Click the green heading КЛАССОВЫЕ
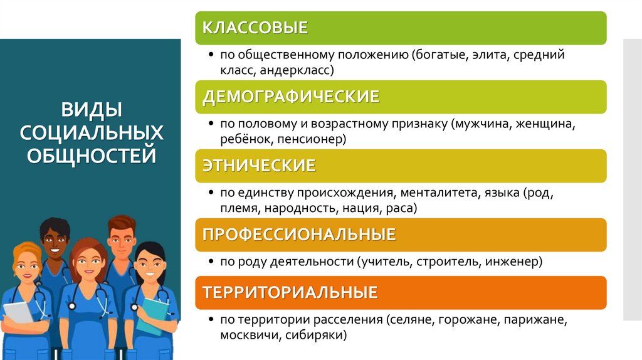(x=255, y=28)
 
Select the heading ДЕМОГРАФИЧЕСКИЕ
(x=291, y=97)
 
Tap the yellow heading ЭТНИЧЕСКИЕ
(x=258, y=166)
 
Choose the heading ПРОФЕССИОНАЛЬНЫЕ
(x=299, y=235)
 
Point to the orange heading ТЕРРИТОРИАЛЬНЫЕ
(x=290, y=292)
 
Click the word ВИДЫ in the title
(x=92, y=112)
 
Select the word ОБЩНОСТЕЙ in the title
(x=92, y=154)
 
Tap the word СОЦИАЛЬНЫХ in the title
(x=92, y=132)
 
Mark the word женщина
(x=544, y=124)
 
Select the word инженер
(x=513, y=261)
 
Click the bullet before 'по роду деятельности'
(x=213, y=262)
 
